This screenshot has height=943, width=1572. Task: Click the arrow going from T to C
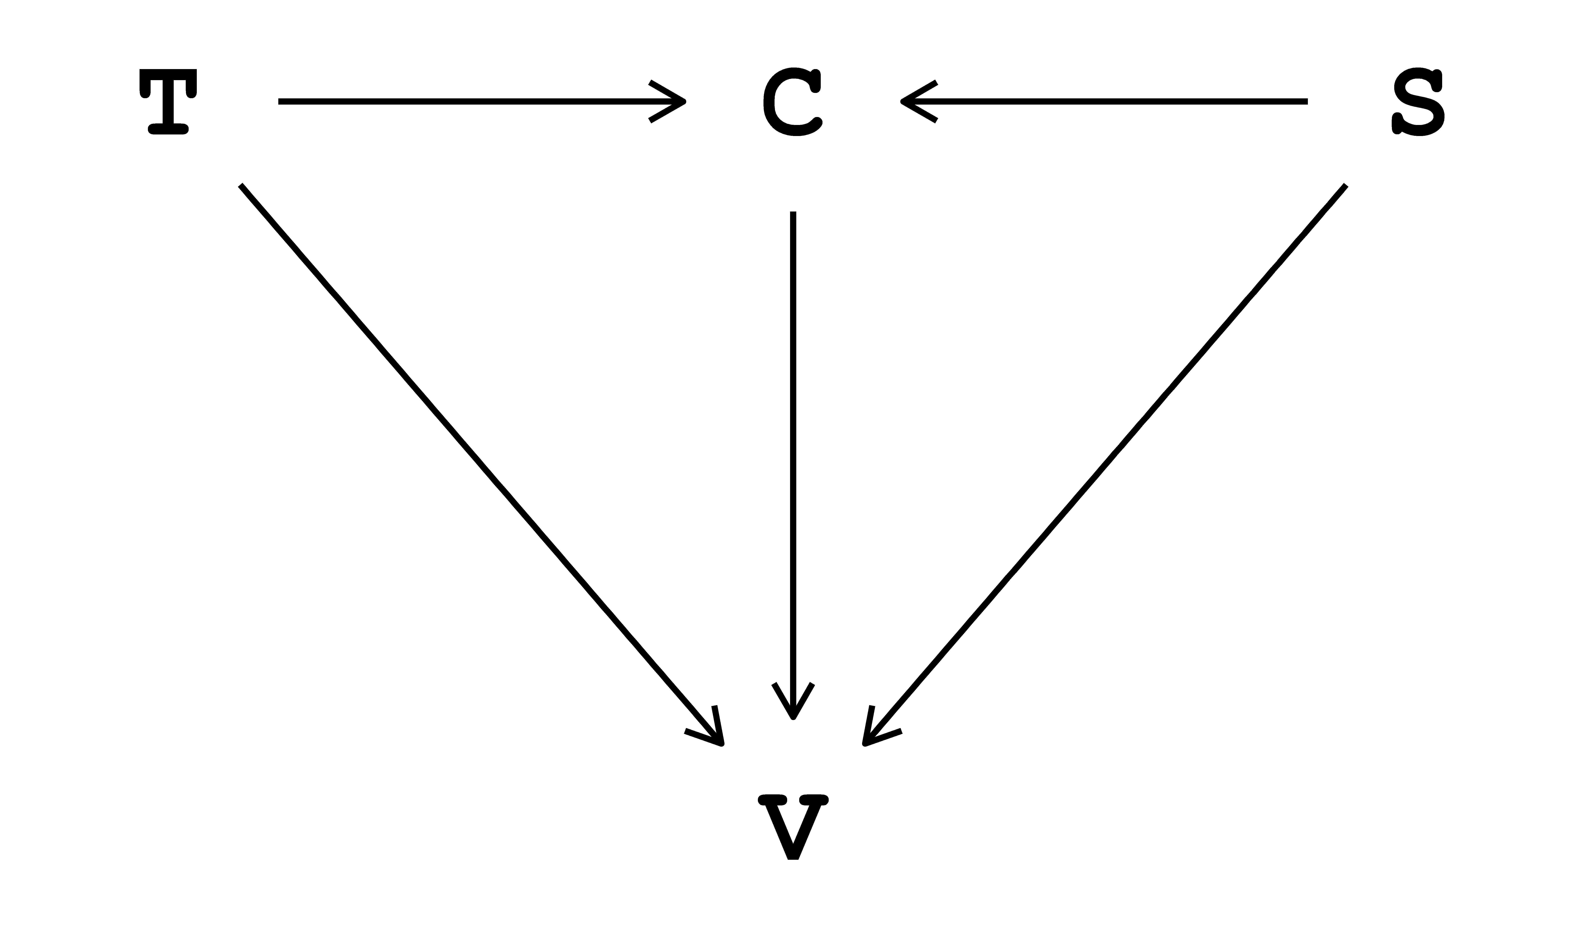[477, 101]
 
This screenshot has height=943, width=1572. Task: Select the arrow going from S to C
[1106, 101]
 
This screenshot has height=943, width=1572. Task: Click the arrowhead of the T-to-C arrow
[677, 101]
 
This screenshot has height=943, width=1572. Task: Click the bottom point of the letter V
[793, 858]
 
